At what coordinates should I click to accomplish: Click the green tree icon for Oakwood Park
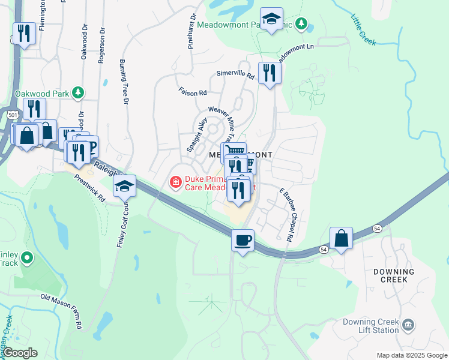77,93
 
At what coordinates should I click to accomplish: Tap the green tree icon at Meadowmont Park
303,24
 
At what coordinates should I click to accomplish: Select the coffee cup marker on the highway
243,241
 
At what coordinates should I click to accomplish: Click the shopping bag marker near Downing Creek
341,238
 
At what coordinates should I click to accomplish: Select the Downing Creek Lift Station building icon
408,325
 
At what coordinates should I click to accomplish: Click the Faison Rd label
192,92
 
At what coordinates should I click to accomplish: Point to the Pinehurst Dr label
191,32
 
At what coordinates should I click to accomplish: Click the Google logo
20,353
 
